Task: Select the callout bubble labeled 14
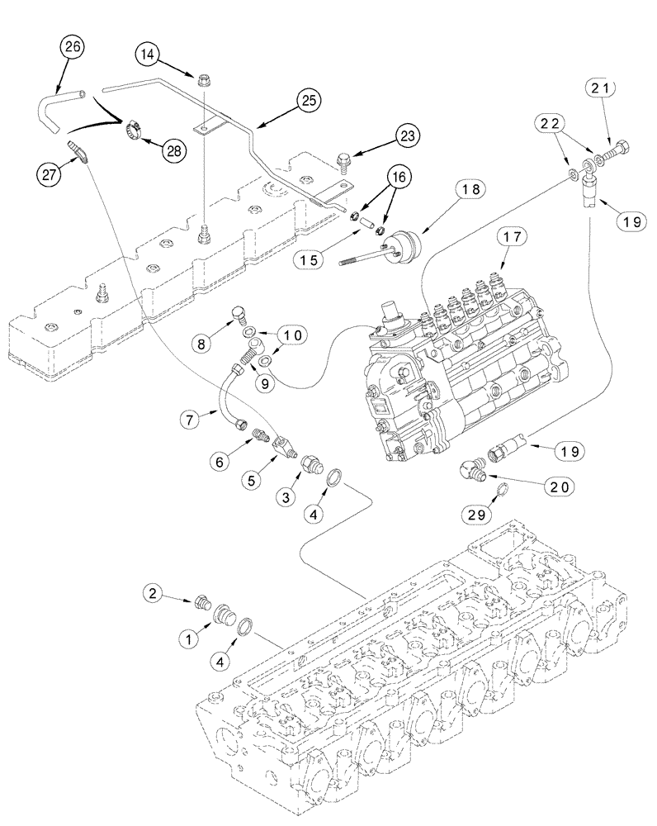click(x=149, y=56)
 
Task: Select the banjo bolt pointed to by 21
click(x=620, y=152)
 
